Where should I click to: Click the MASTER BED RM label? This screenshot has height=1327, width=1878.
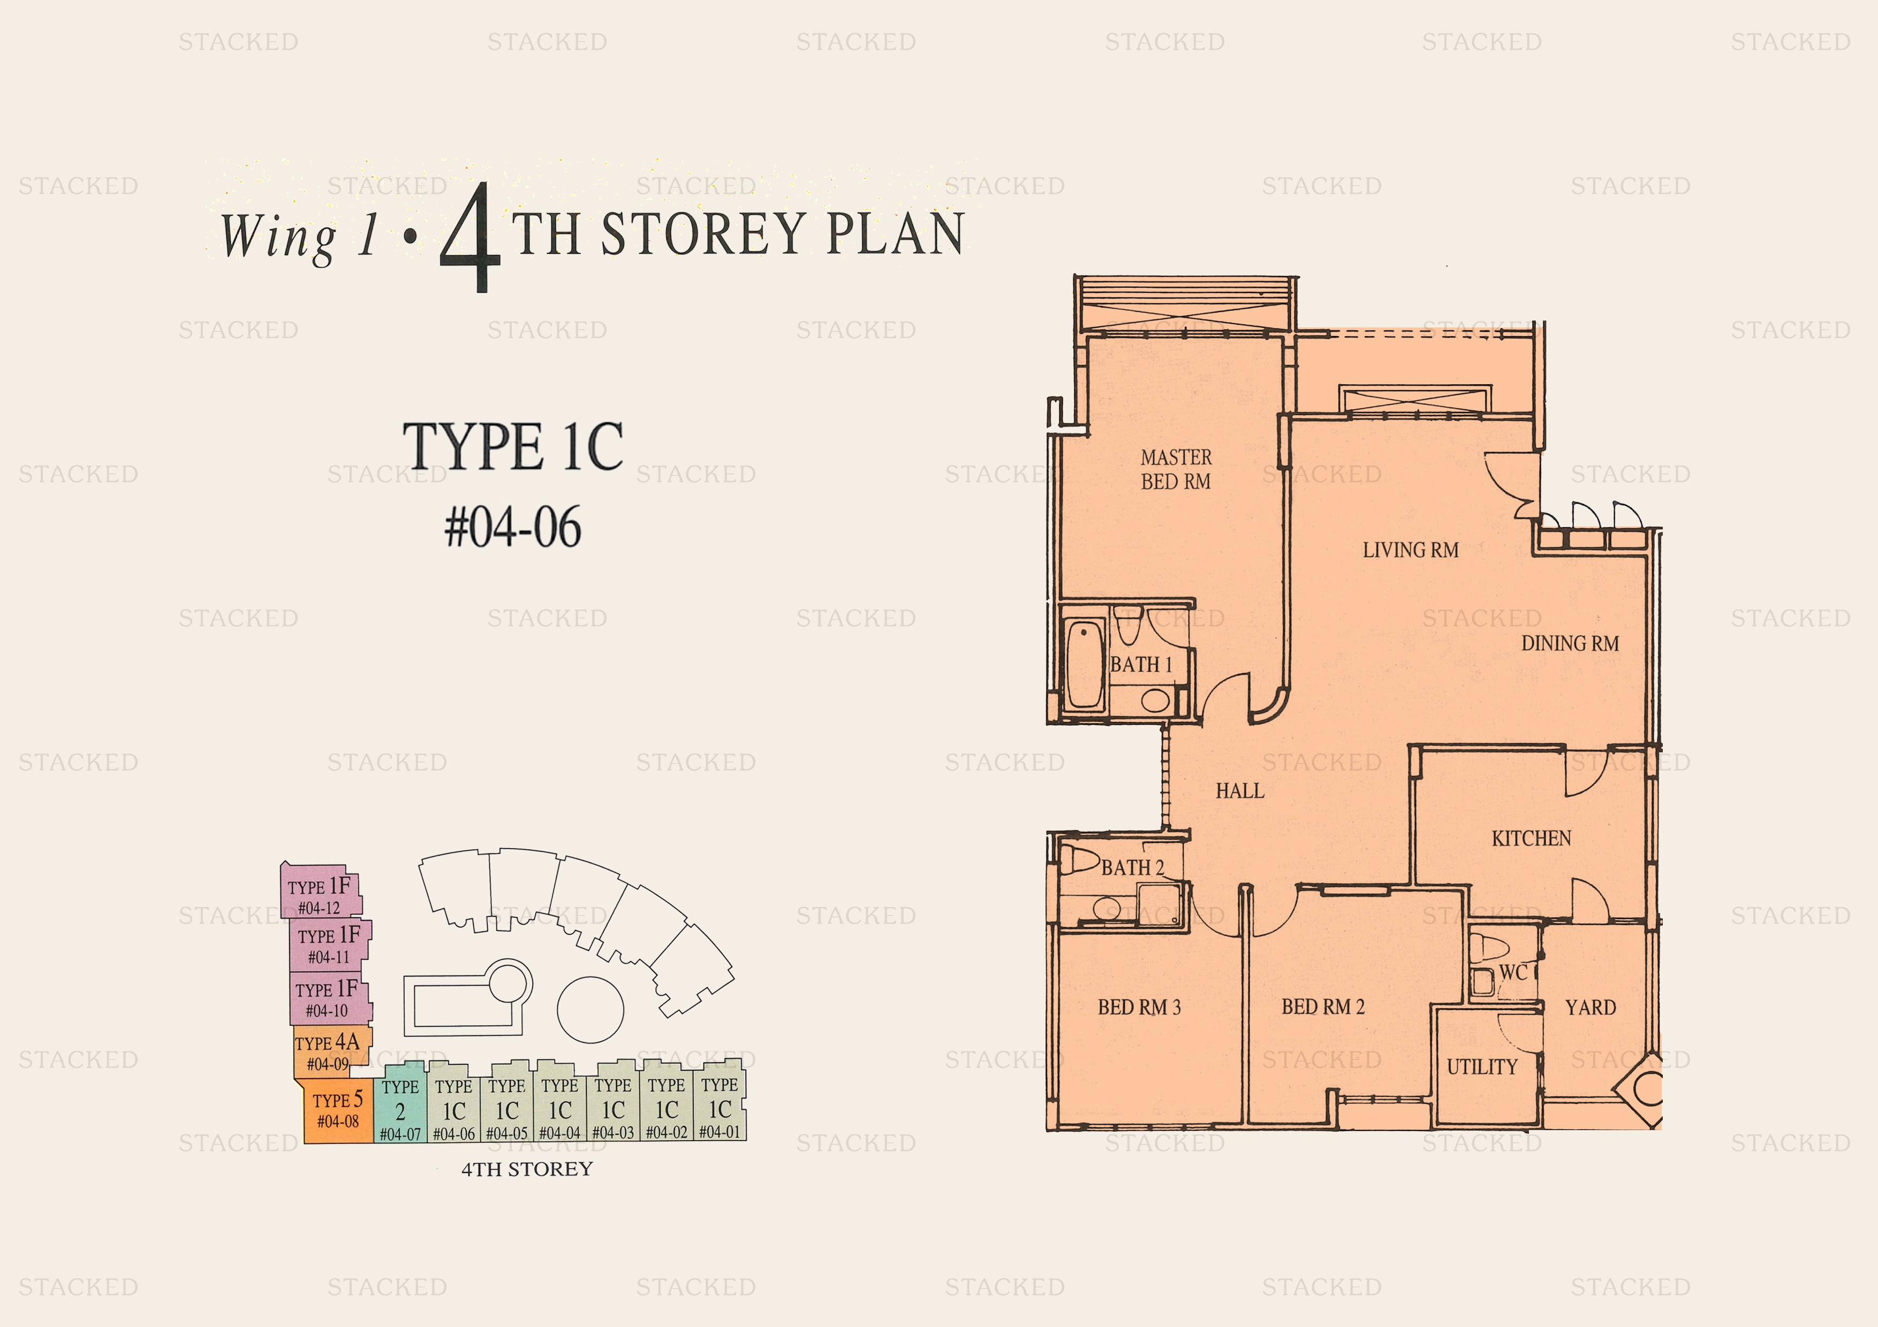coord(1176,469)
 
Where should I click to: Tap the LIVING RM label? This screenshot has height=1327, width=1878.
coord(1410,550)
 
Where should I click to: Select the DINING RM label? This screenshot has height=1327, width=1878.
coord(1570,644)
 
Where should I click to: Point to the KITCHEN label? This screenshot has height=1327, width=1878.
coord(1531,838)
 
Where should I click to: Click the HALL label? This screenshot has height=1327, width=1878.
coord(1239,791)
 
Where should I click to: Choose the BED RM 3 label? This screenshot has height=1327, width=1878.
coord(1139,1008)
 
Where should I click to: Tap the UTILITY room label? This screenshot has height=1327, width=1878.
coord(1481,1067)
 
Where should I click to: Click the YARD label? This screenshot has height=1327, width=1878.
coord(1590,1008)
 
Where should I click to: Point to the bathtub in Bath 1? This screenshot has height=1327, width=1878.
coord(1085,664)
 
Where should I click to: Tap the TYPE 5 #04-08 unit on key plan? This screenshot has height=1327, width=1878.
coord(337,1110)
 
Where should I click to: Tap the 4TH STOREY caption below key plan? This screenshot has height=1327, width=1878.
coord(527,1169)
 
